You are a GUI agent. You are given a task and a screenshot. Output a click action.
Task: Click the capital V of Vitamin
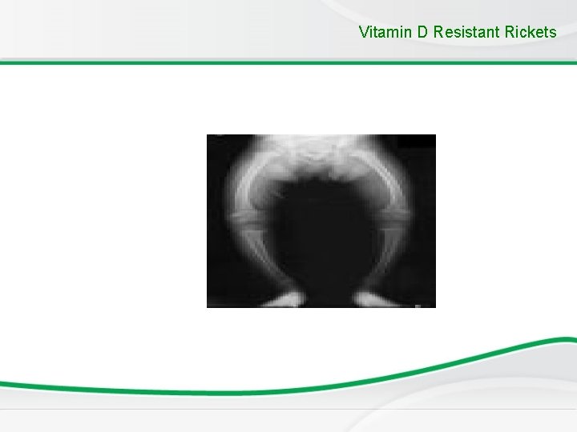(365, 33)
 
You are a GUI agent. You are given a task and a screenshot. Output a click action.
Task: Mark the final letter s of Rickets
(552, 33)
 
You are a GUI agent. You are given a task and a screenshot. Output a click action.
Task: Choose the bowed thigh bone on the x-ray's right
(398, 180)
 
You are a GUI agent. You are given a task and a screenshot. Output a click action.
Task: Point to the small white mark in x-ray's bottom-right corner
(418, 304)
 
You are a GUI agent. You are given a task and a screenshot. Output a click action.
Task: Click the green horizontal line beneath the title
(288, 62)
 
